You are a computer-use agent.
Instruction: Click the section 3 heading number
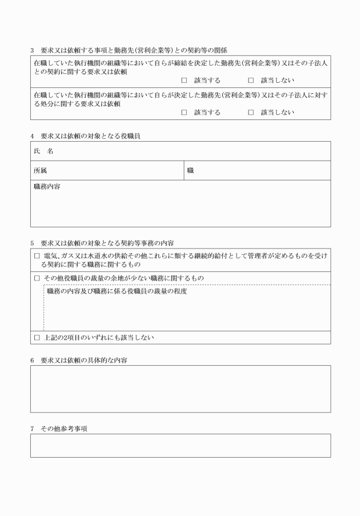click(33, 50)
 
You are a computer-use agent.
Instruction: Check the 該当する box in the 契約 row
click(184, 81)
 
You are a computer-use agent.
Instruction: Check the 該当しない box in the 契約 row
click(251, 81)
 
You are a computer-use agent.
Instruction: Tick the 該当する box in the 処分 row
click(184, 113)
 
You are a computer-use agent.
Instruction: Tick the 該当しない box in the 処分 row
click(251, 113)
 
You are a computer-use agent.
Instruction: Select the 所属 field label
click(41, 170)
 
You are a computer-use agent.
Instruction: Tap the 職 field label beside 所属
click(191, 170)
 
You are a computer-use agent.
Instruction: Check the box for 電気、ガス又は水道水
click(37, 257)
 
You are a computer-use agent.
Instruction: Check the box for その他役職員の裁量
click(37, 278)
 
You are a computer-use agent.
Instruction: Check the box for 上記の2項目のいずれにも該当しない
click(37, 338)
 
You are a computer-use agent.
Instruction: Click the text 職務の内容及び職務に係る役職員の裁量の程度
click(117, 291)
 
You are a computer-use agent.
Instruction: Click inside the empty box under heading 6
click(180, 389)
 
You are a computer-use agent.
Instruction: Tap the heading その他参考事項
click(63, 429)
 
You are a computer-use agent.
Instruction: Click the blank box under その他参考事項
click(180, 446)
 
